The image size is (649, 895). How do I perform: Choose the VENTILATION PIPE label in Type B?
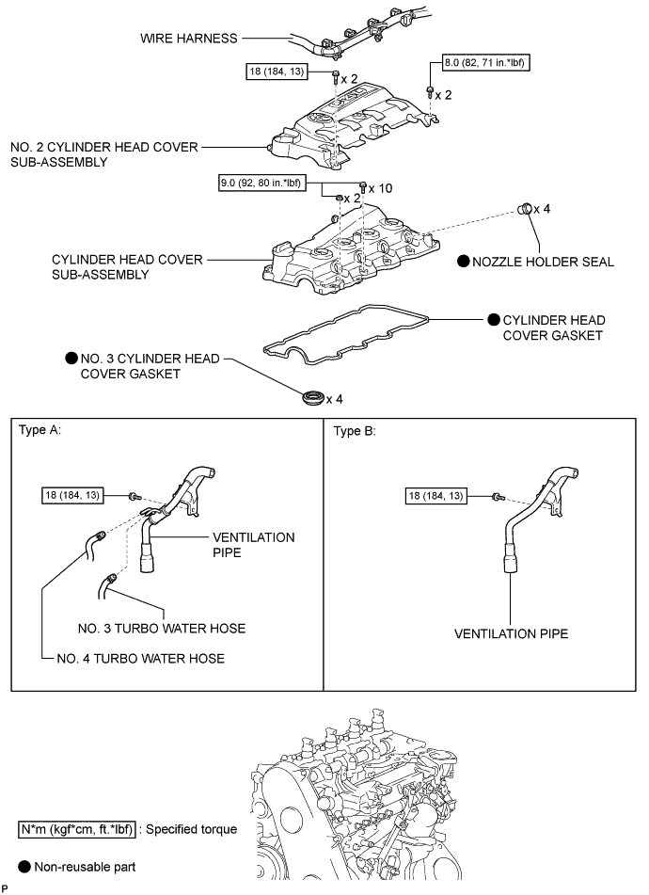click(x=511, y=634)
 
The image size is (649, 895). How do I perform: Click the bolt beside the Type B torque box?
click(x=497, y=496)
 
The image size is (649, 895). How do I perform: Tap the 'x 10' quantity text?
click(x=382, y=188)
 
